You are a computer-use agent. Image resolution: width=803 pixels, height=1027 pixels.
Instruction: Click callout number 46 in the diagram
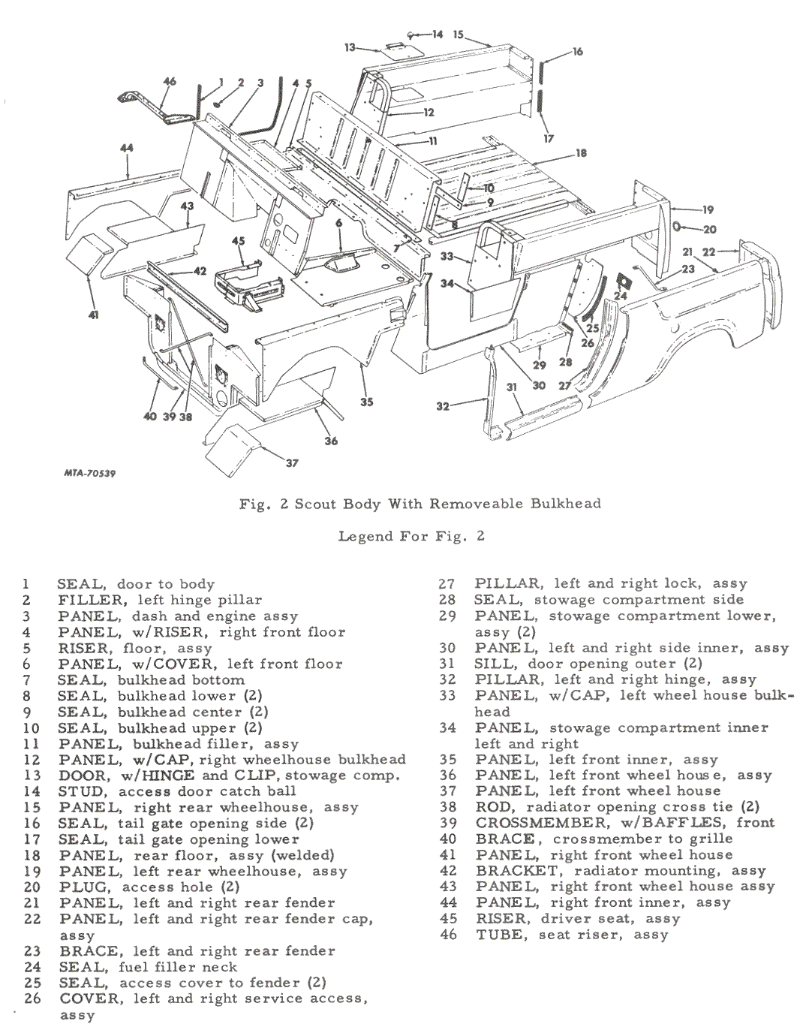(170, 82)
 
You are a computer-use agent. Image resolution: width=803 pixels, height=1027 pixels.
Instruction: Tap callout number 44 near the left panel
(126, 149)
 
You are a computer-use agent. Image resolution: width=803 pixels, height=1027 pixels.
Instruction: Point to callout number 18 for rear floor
(581, 153)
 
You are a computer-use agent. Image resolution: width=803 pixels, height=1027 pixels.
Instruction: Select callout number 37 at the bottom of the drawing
(293, 463)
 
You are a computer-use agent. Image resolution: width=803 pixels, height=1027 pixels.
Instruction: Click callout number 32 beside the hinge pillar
(443, 406)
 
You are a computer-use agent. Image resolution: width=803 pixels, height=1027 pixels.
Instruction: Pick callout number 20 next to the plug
(709, 229)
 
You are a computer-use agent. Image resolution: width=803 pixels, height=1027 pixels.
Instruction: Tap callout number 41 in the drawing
(93, 315)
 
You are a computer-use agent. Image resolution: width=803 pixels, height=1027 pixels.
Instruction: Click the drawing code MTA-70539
(89, 474)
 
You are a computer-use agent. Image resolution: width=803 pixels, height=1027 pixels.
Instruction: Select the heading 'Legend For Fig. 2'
(411, 536)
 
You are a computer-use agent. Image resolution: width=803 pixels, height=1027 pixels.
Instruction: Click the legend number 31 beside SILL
(447, 664)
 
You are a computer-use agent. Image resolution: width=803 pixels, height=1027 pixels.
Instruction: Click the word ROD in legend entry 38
(492, 807)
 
